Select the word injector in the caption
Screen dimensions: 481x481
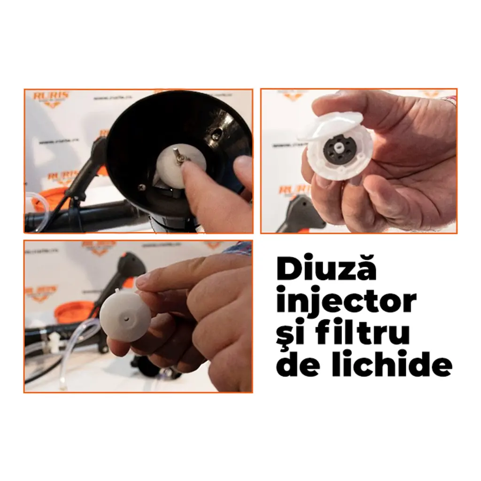point(346,302)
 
